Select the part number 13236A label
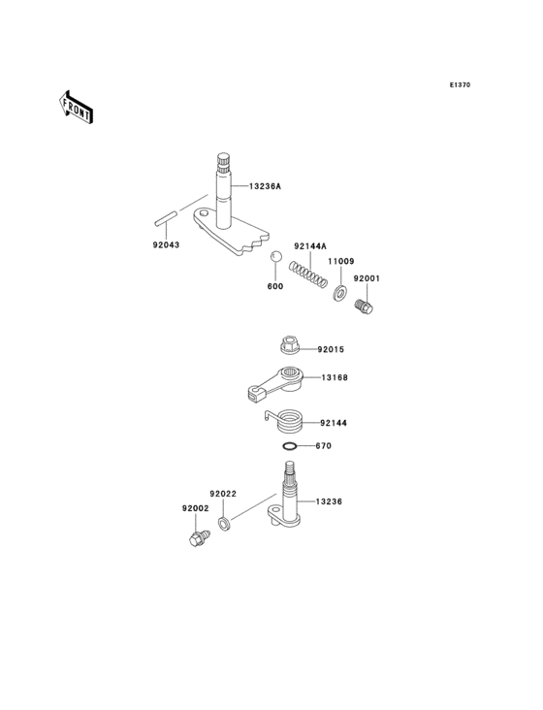(264, 186)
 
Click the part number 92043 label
(166, 244)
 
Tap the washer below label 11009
(339, 291)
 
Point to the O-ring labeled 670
(289, 446)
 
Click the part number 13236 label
(330, 502)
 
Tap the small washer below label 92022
(224, 525)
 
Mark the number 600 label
(275, 287)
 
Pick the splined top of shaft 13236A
(223, 163)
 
